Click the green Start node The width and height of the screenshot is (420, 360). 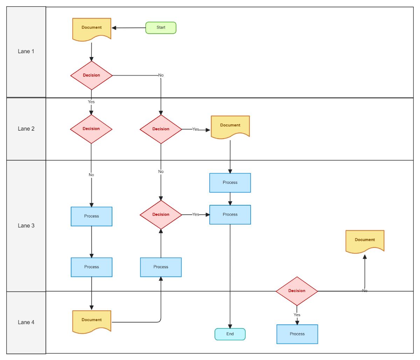[161, 28]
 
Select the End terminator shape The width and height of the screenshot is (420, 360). [230, 334]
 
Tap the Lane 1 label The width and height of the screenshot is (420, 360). [26, 51]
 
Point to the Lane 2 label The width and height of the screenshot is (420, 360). [26, 129]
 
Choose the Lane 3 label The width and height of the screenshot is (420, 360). [26, 226]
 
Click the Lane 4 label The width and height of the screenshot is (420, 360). [26, 323]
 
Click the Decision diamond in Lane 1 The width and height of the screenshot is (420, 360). [91, 75]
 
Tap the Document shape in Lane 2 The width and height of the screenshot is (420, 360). [230, 126]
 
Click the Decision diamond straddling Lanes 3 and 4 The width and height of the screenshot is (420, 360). [297, 291]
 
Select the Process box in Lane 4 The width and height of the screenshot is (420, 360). [297, 334]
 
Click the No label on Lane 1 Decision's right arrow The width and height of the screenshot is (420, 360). [161, 75]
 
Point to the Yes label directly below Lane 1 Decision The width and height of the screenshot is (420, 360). [91, 102]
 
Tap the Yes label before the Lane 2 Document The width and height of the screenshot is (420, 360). [196, 129]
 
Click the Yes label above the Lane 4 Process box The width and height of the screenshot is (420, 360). [297, 315]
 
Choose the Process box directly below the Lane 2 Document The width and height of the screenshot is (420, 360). [230, 183]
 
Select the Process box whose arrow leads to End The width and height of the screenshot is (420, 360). [230, 215]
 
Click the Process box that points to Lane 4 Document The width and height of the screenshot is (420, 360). [92, 267]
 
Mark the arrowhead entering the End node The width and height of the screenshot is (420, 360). [230, 326]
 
